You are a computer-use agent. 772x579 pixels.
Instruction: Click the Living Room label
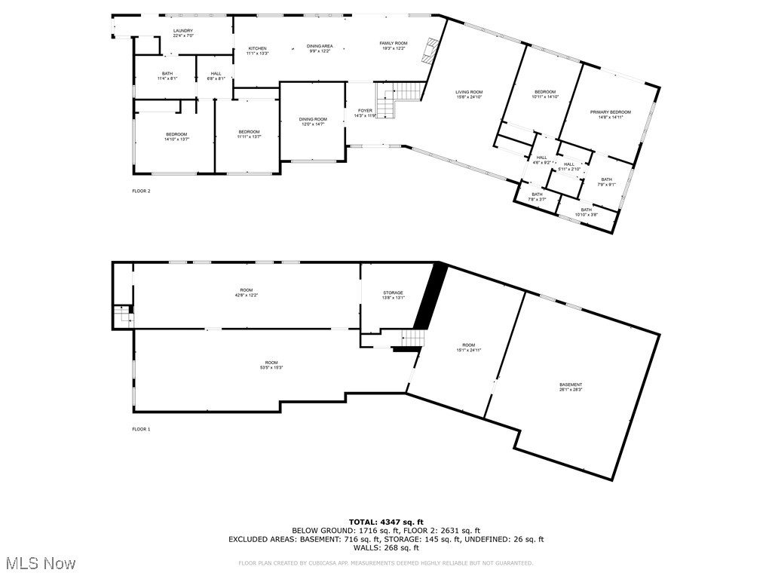pyautogui.click(x=469, y=94)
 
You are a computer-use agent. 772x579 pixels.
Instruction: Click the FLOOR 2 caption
pyautogui.click(x=141, y=191)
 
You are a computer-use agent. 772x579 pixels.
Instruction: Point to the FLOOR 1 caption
pyautogui.click(x=141, y=429)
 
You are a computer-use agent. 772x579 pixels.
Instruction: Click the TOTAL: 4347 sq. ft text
pyautogui.click(x=386, y=522)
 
